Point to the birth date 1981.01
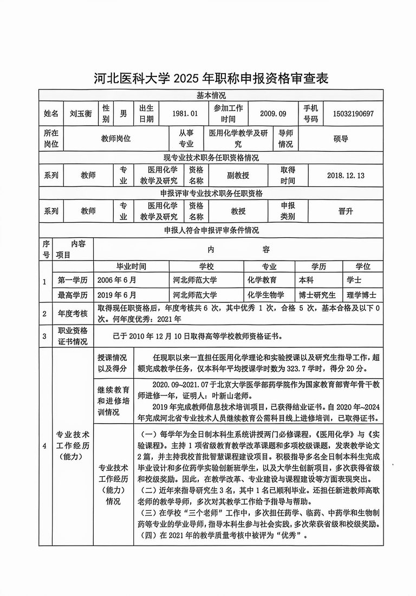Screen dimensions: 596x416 [x=181, y=114]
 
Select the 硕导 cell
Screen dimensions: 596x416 [x=341, y=139]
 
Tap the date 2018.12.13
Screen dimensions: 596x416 [x=346, y=176]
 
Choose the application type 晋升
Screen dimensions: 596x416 [x=345, y=211]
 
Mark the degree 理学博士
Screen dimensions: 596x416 [x=362, y=295]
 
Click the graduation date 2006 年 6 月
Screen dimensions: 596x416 [x=118, y=281]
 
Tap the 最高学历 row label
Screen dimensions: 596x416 [x=73, y=295]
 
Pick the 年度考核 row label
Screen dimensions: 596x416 [x=73, y=314]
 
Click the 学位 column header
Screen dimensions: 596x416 [x=362, y=267]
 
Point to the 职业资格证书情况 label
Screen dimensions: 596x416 [x=73, y=336]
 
